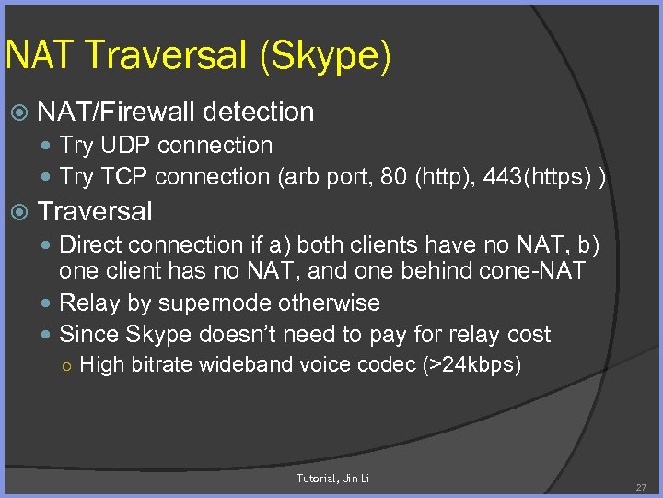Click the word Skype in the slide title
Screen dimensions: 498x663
pos(326,56)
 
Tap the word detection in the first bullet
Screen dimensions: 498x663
pos(258,113)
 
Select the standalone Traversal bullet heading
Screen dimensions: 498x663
pos(95,211)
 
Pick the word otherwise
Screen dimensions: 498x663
pos(334,303)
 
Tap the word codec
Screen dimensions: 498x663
pos(386,365)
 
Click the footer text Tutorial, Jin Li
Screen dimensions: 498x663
pos(332,478)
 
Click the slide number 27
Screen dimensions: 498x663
pos(641,485)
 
